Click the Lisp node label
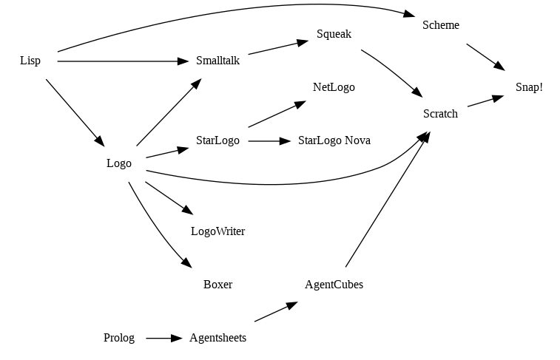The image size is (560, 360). (30, 61)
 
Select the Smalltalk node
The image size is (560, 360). (217, 61)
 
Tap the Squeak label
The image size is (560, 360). (334, 34)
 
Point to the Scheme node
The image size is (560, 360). (441, 25)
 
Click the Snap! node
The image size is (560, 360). (529, 87)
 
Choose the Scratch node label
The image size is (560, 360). (440, 114)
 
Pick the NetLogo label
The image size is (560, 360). (334, 87)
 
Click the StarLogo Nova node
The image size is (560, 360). (334, 140)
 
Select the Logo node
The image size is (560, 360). (119, 163)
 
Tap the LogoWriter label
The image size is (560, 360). (217, 231)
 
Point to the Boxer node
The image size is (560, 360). (217, 285)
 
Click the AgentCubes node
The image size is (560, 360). (334, 285)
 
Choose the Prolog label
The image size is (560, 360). (119, 338)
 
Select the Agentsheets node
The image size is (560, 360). (217, 338)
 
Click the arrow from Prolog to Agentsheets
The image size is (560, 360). (163, 338)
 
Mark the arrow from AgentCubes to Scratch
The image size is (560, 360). (386, 200)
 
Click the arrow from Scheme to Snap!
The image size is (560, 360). (485, 57)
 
